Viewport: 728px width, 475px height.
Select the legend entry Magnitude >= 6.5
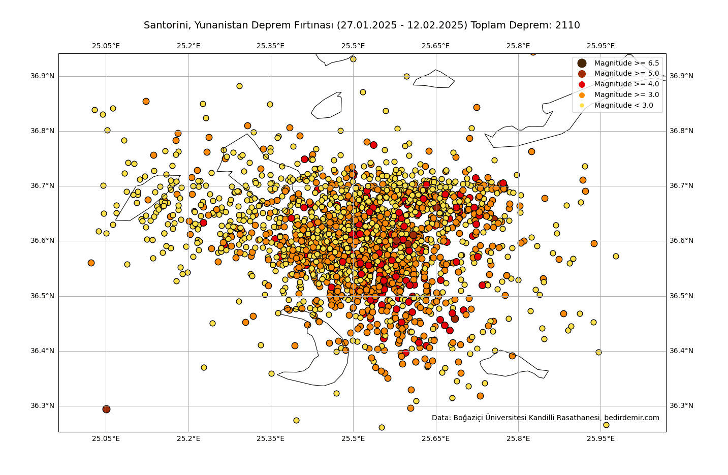click(626, 63)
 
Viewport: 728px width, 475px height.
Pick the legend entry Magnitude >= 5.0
click(626, 74)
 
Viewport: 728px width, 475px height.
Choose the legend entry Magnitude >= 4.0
click(626, 84)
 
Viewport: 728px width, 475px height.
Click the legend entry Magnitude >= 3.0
click(626, 95)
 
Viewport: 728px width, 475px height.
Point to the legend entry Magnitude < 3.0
click(623, 106)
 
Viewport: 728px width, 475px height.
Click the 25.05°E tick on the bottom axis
click(106, 438)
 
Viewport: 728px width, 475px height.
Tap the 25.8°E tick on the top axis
click(518, 46)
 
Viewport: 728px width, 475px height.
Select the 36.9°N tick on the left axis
click(42, 76)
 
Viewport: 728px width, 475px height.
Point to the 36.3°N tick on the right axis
click(681, 406)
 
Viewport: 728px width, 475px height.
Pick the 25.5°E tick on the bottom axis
click(353, 438)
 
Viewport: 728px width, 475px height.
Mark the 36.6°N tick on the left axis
click(42, 241)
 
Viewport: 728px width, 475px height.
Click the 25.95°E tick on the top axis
click(600, 46)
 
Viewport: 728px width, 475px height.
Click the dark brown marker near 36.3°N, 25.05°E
click(106, 409)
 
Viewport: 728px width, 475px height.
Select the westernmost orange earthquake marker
click(91, 263)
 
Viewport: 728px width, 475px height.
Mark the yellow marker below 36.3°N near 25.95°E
click(606, 425)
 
